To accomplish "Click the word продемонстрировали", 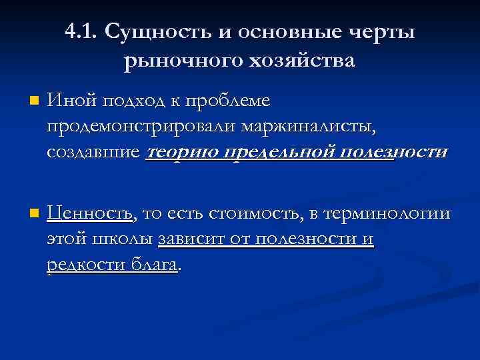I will point(142,126).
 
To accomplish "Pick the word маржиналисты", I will point(309,126).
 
